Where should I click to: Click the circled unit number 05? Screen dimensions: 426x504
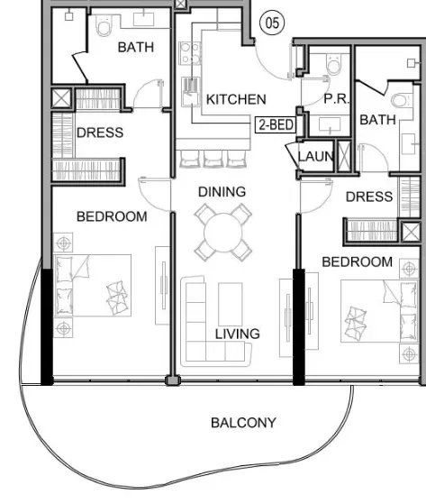coord(272,23)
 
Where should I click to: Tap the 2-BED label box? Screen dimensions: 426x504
coord(276,124)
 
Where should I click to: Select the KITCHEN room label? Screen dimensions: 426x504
coord(236,99)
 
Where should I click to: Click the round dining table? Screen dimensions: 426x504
coord(223,233)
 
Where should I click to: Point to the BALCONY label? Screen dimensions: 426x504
coord(243,422)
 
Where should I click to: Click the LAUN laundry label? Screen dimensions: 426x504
coord(316,157)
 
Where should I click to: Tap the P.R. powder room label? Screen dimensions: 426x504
coord(336,98)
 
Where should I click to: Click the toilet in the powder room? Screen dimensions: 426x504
coord(334,64)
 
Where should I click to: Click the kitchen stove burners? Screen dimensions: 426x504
coord(190,53)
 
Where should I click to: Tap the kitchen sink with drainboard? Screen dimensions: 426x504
coord(191,91)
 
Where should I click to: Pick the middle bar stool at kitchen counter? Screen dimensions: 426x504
coord(213,159)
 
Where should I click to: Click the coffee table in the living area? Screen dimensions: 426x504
coord(231,305)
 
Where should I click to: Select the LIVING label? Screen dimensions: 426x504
coord(237,334)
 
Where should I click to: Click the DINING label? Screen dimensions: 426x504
coord(222,192)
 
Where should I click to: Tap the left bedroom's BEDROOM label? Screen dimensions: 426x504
coord(112,216)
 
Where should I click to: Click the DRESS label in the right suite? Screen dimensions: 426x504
coord(369,197)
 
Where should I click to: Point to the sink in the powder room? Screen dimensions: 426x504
coord(330,124)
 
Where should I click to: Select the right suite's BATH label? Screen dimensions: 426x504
coord(377,120)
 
